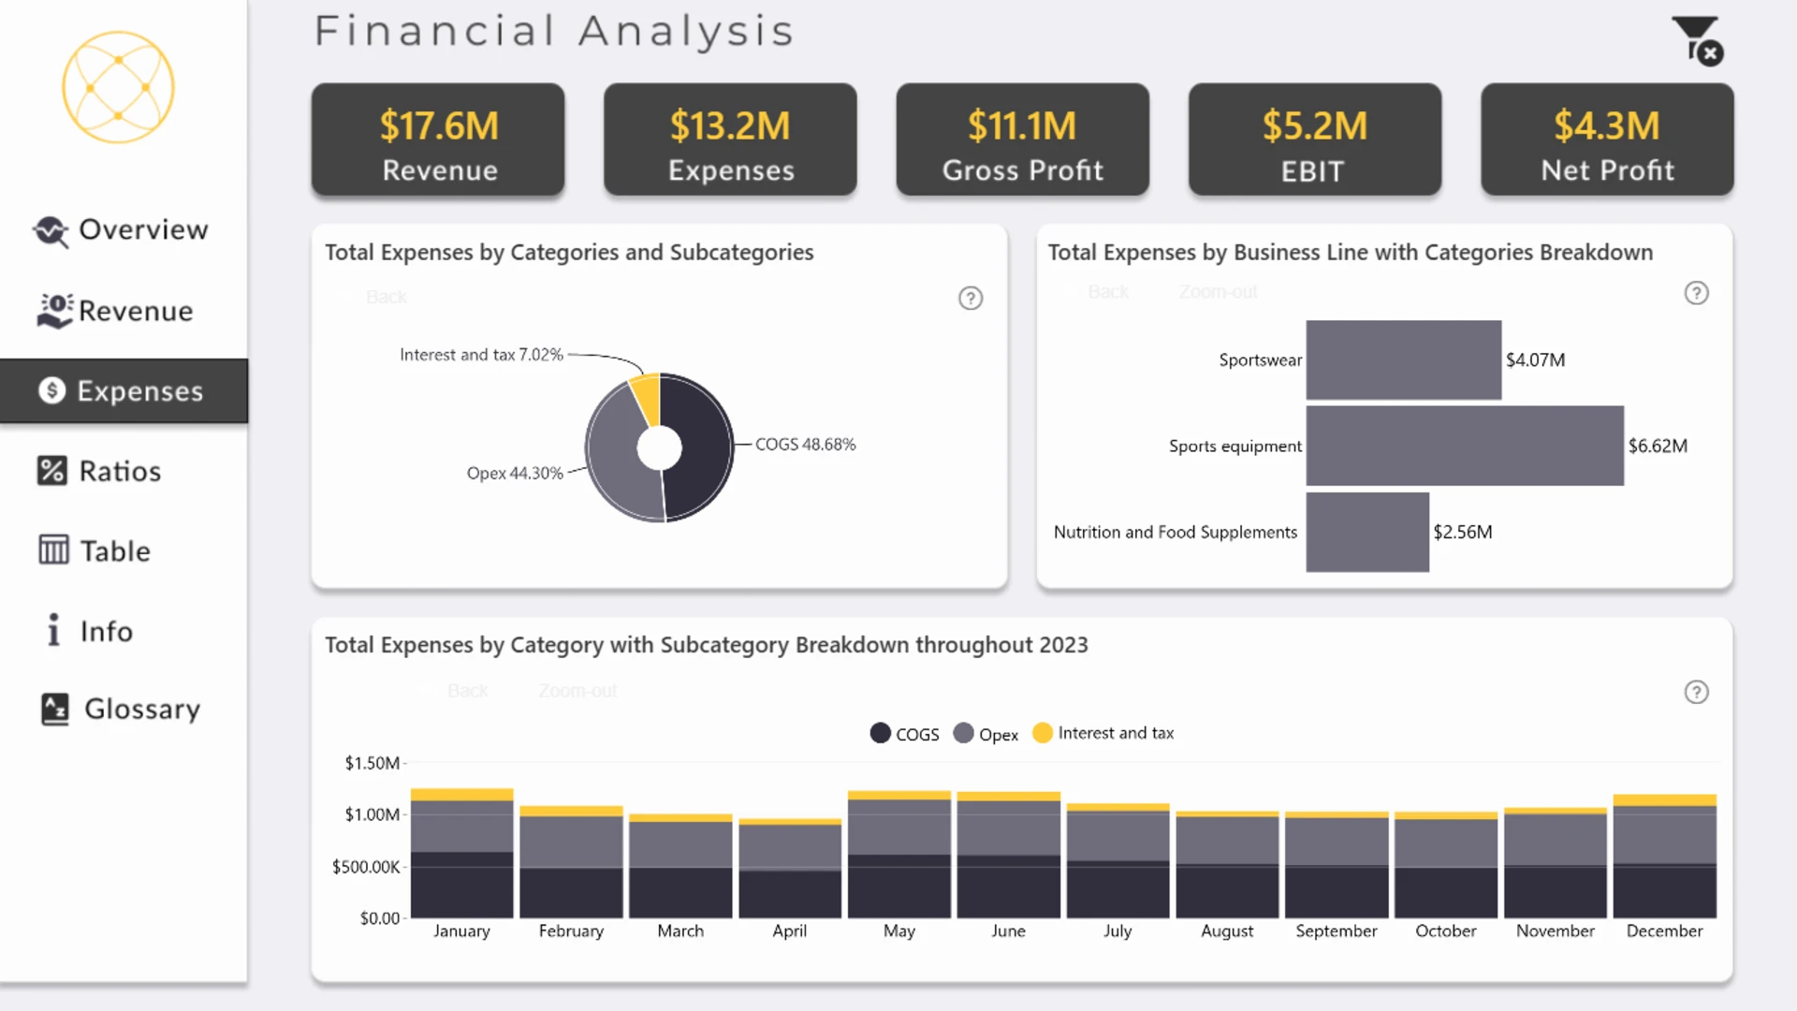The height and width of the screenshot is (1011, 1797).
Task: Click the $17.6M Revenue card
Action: [438, 139]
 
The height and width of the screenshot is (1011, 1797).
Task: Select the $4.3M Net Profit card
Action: [1607, 139]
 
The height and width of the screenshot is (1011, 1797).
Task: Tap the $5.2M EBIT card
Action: [1315, 139]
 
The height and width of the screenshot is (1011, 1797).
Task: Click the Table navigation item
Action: [95, 550]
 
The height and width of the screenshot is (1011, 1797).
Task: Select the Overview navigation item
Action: [120, 230]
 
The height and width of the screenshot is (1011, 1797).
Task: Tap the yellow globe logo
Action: [118, 87]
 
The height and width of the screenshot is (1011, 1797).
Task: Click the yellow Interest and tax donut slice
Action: [647, 398]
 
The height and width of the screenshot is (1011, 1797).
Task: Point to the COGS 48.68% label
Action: [806, 445]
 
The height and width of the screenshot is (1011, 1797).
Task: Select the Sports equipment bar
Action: [1465, 446]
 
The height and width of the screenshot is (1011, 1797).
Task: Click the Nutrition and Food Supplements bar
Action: [1367, 532]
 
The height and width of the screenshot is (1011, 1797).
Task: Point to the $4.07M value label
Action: [1535, 360]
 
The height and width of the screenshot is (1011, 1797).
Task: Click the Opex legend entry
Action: [986, 734]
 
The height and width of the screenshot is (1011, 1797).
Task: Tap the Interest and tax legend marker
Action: [1043, 733]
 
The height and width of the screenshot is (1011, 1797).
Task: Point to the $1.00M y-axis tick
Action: [373, 814]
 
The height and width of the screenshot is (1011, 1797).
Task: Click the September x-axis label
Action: [1337, 931]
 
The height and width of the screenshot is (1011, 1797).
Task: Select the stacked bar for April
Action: [790, 869]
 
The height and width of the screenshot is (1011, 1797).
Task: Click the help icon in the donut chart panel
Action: [971, 299]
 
